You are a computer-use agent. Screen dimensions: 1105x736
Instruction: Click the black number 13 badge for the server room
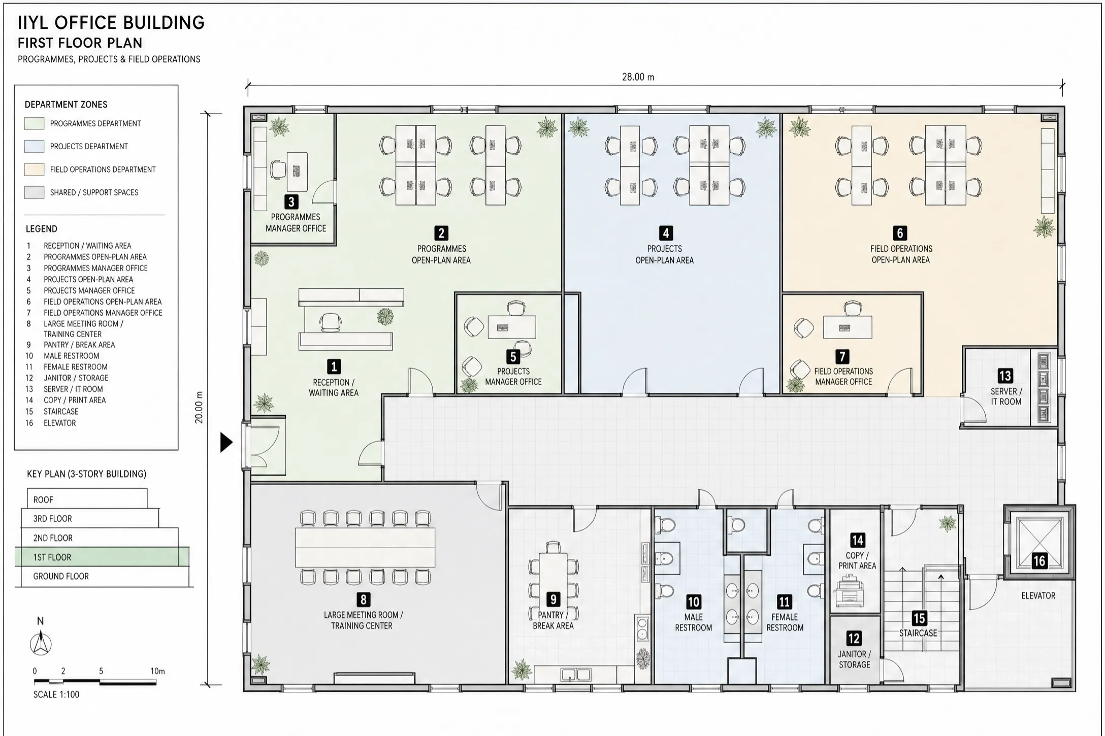click(1005, 376)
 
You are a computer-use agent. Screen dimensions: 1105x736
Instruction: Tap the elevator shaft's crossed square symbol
click(1039, 542)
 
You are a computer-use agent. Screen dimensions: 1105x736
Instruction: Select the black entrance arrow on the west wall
click(226, 442)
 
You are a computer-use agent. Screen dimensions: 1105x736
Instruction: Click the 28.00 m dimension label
click(638, 77)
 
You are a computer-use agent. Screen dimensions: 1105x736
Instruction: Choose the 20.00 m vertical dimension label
click(199, 407)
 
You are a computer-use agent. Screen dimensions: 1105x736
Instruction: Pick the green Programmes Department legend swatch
click(34, 123)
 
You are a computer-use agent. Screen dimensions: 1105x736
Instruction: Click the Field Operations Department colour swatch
click(34, 170)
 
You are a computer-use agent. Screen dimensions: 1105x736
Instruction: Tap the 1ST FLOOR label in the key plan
click(52, 557)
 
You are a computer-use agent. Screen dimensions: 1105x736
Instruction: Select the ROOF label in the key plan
click(43, 500)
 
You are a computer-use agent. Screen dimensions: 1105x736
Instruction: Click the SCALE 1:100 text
click(56, 694)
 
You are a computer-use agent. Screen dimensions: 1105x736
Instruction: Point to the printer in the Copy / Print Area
click(849, 591)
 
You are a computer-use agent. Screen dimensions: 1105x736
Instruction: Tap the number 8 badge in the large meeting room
click(363, 599)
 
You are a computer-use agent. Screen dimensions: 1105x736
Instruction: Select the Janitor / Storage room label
click(854, 659)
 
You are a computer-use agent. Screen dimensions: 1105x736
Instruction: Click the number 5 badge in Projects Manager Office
click(513, 356)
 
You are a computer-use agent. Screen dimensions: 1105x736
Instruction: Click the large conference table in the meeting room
click(365, 548)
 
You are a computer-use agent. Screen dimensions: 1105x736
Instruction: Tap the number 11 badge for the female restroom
click(784, 602)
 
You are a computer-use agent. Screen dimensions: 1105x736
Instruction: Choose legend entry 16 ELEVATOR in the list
click(51, 423)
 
